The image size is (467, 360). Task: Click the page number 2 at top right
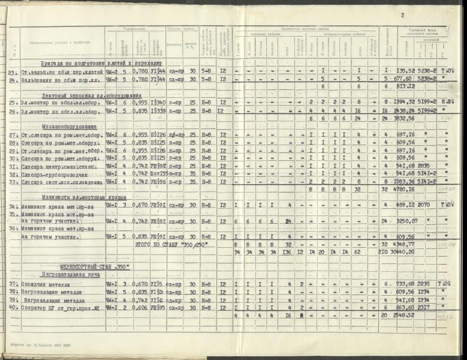pyautogui.click(x=402, y=16)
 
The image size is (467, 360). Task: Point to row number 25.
pyautogui.click(x=13, y=103)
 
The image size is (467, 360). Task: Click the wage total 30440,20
pyautogui.click(x=402, y=252)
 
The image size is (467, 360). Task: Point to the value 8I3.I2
pyautogui.click(x=402, y=86)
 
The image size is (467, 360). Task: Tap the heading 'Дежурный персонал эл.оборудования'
pyautogui.click(x=92, y=95)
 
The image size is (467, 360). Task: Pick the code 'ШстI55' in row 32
pyautogui.click(x=158, y=173)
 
